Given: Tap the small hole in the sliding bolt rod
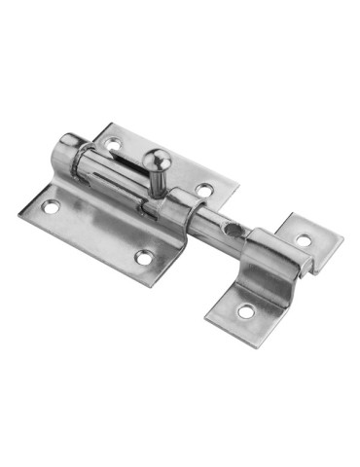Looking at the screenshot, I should [x=229, y=228].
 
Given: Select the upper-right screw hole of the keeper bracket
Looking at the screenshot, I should [x=304, y=239].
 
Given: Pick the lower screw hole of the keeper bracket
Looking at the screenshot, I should [x=243, y=312].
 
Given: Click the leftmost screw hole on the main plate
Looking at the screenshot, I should [x=52, y=206].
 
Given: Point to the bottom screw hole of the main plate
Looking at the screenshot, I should [x=144, y=258].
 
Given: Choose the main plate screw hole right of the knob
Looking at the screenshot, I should [x=202, y=190].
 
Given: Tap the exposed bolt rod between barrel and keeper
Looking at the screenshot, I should [x=219, y=228].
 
